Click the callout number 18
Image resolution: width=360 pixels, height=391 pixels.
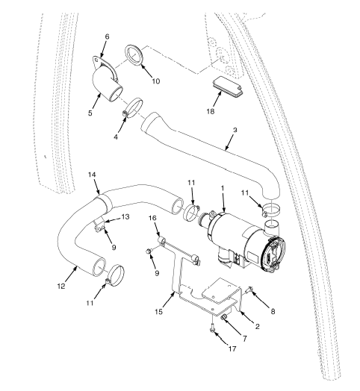pos(211,111)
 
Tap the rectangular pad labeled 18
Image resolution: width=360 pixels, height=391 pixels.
pos(228,87)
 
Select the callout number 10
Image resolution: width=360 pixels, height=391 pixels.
pos(156,81)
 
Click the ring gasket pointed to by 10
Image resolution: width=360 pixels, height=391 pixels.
pos(134,56)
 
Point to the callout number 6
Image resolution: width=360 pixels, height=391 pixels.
pos(107,37)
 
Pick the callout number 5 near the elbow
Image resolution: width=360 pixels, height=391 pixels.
pos(90,113)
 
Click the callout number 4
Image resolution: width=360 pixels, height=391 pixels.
pos(116,137)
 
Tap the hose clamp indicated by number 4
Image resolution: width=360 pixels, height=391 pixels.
pos(132,108)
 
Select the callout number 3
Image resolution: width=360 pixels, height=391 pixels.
pos(235,130)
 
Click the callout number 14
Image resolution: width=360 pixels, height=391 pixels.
pos(92,175)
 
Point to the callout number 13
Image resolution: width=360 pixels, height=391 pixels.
pos(125,216)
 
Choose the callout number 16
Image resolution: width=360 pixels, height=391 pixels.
pos(152,218)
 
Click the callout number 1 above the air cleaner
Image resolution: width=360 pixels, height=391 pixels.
pos(223,187)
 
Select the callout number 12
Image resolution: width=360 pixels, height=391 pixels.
pos(61,286)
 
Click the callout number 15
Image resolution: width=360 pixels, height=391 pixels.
pos(159,311)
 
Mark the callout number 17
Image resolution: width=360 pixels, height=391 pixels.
pos(232,348)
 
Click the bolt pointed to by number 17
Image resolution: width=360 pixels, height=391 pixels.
pos(212,328)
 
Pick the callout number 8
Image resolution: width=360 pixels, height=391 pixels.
pos(273,311)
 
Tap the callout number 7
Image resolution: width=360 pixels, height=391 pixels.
pos(245,338)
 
